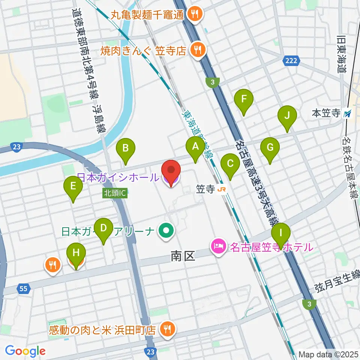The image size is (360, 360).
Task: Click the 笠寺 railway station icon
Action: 222,190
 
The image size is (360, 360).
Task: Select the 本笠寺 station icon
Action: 348,113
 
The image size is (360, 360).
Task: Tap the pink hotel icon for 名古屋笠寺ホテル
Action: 218,247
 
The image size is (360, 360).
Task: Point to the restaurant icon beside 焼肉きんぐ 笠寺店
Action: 196,50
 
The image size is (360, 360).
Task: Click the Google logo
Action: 25,351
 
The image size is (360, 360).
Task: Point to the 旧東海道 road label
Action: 341,54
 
